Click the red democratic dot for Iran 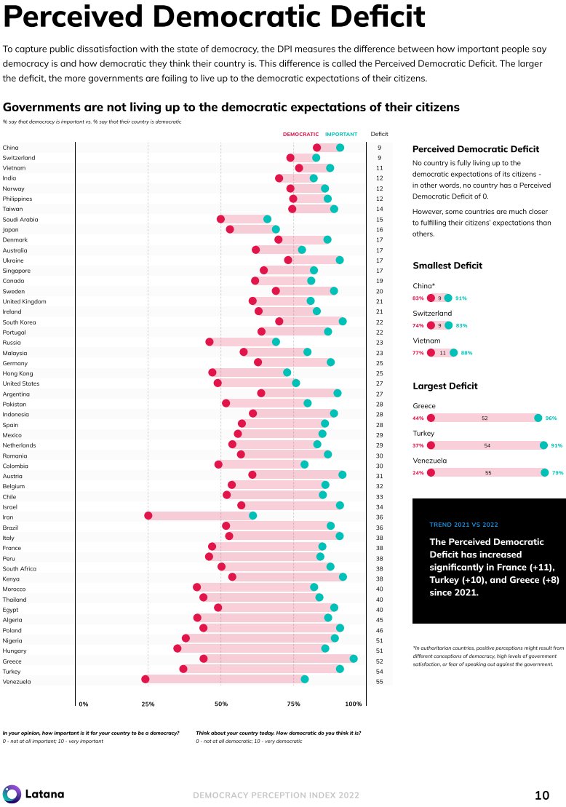[x=148, y=515]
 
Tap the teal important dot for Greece [x=354, y=659]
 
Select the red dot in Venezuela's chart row [x=146, y=679]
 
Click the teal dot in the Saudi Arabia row [x=267, y=219]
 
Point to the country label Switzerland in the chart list [x=19, y=158]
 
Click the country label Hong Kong [x=17, y=373]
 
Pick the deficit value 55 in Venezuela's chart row [x=380, y=682]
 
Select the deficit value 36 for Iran [x=380, y=517]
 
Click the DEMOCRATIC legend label [x=300, y=135]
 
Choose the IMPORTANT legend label [x=341, y=135]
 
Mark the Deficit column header [x=380, y=134]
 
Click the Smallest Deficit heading [x=447, y=266]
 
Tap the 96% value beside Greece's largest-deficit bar [x=551, y=418]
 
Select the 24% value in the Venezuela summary [x=418, y=472]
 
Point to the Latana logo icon [x=12, y=794]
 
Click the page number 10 [x=542, y=795]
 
